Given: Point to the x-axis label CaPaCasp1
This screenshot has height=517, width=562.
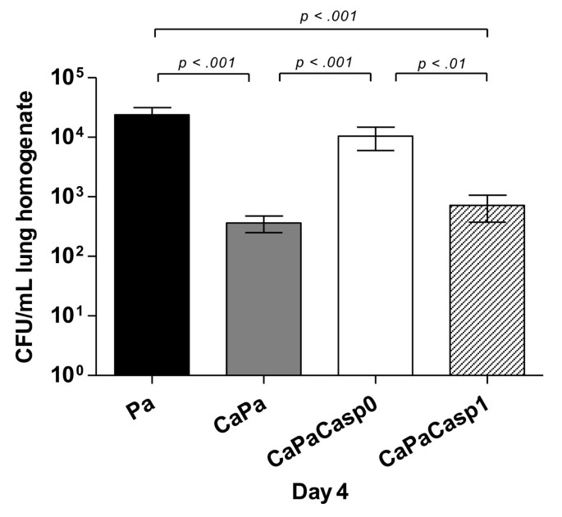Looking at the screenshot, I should [x=448, y=433].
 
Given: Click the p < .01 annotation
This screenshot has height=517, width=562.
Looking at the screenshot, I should [x=441, y=62].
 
